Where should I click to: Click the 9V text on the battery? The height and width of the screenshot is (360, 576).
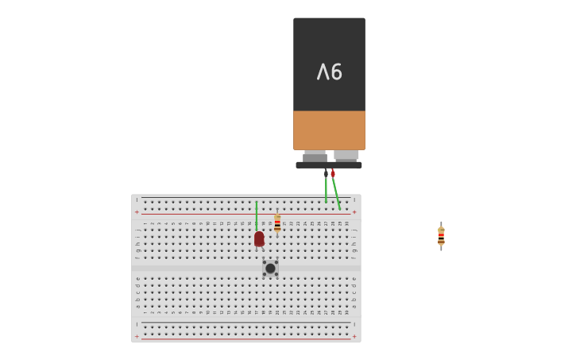click(329, 72)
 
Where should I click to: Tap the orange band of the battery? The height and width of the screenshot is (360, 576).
click(329, 130)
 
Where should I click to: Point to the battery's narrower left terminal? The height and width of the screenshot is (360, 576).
click(315, 156)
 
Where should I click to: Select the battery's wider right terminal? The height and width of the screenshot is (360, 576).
click(346, 155)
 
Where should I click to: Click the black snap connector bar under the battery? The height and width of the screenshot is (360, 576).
click(329, 165)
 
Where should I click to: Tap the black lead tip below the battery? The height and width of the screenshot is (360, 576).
click(326, 172)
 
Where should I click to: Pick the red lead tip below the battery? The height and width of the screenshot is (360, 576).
click(333, 173)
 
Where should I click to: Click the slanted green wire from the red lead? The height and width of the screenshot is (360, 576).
click(336, 193)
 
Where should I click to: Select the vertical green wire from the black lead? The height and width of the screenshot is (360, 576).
click(326, 190)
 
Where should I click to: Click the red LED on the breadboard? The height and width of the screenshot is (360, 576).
click(259, 238)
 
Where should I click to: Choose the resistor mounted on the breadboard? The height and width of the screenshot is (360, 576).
click(277, 223)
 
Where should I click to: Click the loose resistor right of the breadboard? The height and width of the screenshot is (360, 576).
click(441, 236)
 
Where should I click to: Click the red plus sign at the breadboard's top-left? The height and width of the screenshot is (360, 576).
click(137, 212)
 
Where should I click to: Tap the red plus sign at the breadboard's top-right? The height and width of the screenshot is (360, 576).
click(354, 212)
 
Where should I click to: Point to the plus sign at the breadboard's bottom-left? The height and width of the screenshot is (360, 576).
click(137, 336)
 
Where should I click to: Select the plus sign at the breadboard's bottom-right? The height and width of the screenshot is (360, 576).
click(354, 336)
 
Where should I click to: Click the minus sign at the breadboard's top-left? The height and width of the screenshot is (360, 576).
click(137, 199)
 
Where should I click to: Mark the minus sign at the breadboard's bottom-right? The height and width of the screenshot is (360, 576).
click(354, 324)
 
